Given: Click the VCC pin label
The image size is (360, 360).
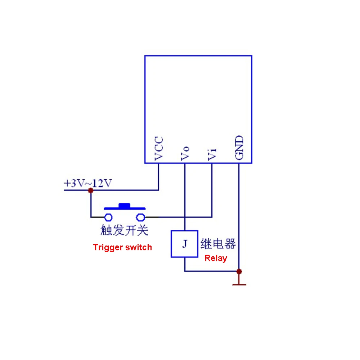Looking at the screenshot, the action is pos(158,148).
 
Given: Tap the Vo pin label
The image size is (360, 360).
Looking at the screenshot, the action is pos(185,153).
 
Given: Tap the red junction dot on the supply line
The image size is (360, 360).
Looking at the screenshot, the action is pos(90,190).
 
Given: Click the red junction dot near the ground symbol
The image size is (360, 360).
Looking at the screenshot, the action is pos(239,271).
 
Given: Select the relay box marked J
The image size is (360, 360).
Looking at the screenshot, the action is pos(184,244).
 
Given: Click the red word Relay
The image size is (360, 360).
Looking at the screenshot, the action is pos(216,258).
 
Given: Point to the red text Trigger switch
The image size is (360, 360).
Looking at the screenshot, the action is pos(122,247).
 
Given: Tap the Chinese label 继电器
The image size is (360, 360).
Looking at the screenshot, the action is pos(218,244).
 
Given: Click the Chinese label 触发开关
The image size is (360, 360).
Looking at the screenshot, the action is pos(124,230).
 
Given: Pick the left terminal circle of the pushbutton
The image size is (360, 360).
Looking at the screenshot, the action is pos(108,217).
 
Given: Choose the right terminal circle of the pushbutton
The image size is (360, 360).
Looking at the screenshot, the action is pos(140,217).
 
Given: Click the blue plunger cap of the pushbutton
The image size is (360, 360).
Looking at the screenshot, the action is pos(124,205).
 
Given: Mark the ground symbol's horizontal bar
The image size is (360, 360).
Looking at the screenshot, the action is pos(239,285).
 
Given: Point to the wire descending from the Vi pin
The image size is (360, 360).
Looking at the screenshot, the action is pos(212,191).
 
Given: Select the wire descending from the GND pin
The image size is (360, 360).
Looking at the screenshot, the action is pos(239,216).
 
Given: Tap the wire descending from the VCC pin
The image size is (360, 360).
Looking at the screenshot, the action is pos(158,176).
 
